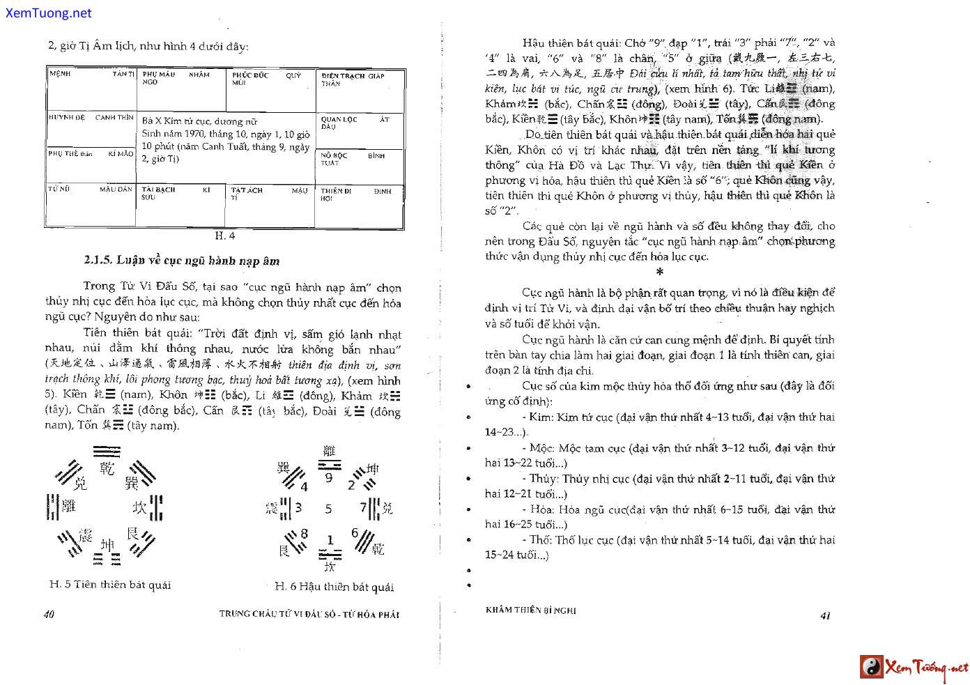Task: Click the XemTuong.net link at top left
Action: [x=48, y=13]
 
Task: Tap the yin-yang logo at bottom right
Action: [x=871, y=667]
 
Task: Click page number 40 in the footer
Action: [x=49, y=614]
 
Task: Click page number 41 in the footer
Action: [x=826, y=615]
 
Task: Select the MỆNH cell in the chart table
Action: [x=91, y=88]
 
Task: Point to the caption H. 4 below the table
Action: [x=224, y=236]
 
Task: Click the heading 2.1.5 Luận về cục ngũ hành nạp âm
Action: [x=181, y=261]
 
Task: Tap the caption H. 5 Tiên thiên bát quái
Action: [x=110, y=585]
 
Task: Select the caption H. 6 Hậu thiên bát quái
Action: [x=334, y=587]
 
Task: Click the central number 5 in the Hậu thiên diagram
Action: [x=328, y=509]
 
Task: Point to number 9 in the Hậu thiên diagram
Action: [x=329, y=478]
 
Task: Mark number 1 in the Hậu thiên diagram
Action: [x=330, y=539]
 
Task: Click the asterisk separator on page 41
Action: [x=659, y=272]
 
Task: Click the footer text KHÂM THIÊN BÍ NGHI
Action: [x=530, y=610]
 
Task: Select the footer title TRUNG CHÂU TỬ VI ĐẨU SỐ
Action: [x=309, y=614]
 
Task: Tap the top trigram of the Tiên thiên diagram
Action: [x=106, y=452]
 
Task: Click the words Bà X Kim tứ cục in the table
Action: [x=180, y=121]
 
